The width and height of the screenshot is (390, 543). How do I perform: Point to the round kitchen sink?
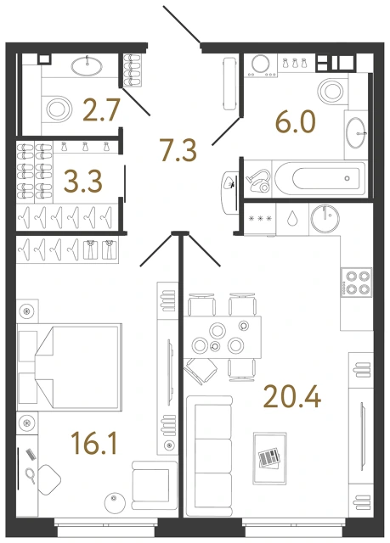[x=323, y=216]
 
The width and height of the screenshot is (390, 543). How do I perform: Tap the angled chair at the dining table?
[x=201, y=369]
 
